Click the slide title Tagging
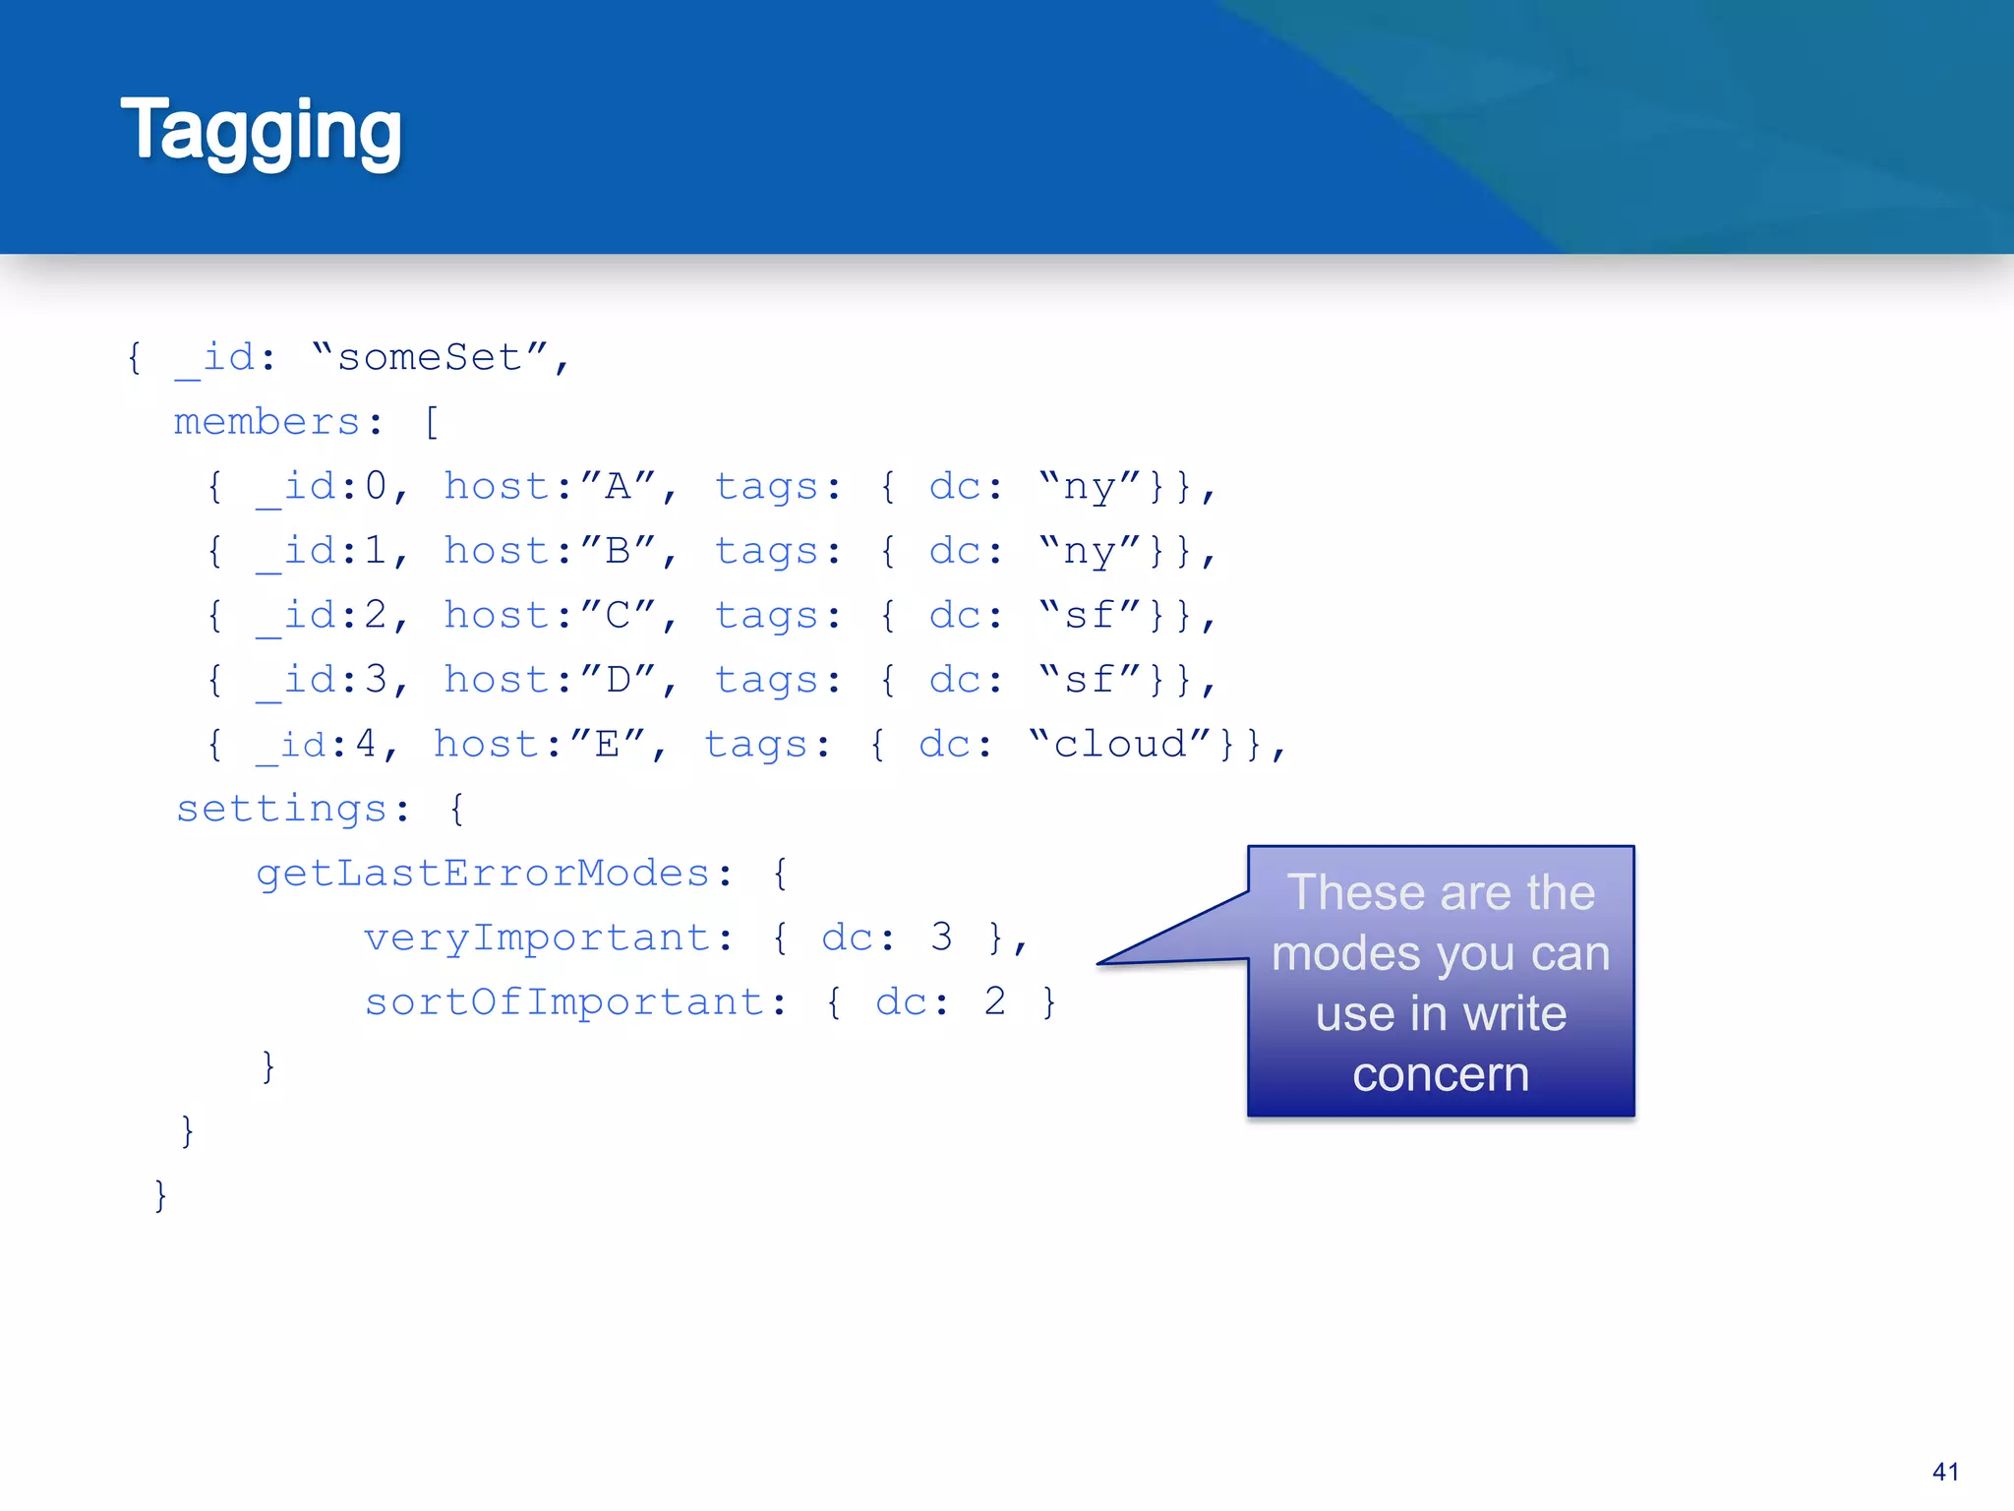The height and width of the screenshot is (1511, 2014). (261, 131)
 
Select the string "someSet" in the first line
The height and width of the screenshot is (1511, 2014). (430, 358)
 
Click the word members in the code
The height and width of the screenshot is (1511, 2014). (267, 423)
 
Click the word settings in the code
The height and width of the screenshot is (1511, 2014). (281, 810)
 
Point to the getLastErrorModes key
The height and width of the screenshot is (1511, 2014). (482, 874)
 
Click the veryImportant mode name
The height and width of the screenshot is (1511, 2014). (537, 938)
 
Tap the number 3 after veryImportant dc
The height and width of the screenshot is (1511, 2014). (941, 937)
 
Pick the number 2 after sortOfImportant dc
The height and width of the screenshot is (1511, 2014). (995, 1002)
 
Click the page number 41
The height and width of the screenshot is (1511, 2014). (1945, 1472)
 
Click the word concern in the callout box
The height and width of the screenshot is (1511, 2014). (1441, 1075)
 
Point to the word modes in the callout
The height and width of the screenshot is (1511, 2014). (1335, 954)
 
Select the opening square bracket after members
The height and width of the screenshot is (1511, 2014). (431, 423)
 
